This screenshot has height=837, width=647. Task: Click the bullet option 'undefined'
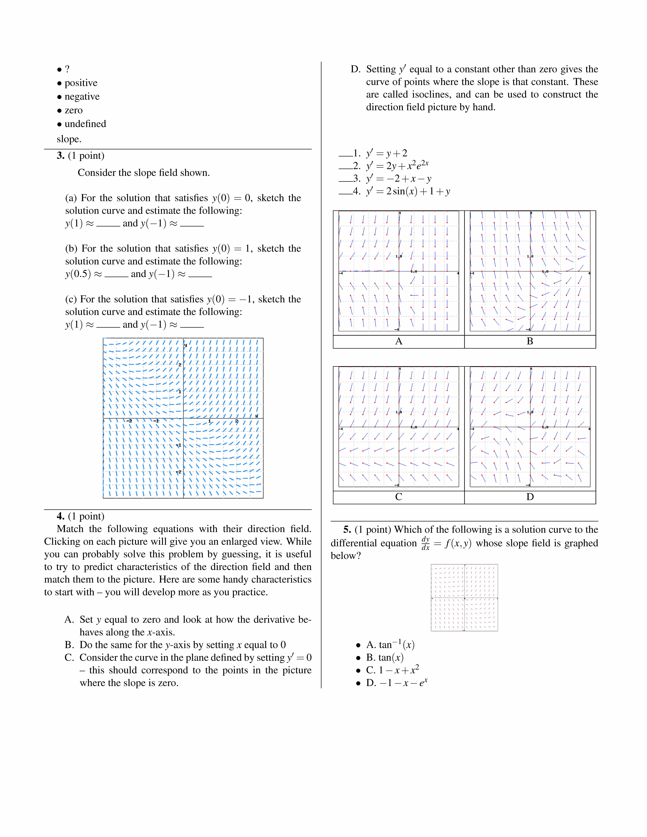(x=85, y=124)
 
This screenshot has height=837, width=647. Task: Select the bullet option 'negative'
(x=82, y=97)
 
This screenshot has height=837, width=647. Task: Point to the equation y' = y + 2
(x=386, y=153)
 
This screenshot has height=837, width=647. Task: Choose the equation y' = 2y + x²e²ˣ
(x=397, y=166)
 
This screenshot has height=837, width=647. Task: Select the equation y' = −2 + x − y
(x=399, y=179)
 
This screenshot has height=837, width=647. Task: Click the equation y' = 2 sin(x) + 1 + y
(x=408, y=191)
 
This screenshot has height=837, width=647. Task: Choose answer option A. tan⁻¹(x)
(x=390, y=645)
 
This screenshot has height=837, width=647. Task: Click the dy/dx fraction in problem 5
(x=425, y=543)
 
